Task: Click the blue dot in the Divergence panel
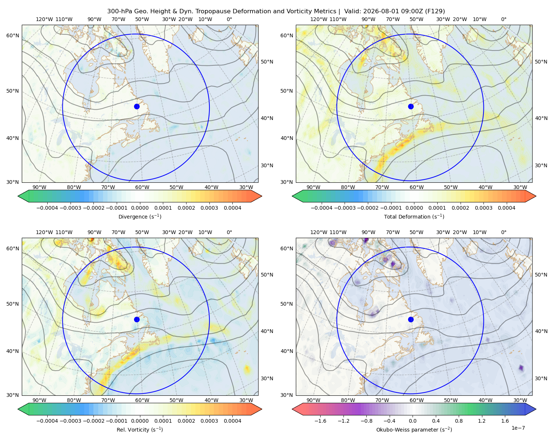coord(137,107)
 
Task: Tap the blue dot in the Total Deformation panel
coord(411,107)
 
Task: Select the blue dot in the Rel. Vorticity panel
coord(137,319)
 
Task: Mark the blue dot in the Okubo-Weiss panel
coord(411,319)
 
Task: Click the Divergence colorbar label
coord(140,217)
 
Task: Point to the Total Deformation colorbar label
coord(414,217)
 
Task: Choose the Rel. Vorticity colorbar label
coord(140,430)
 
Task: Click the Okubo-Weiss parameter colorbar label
coord(414,430)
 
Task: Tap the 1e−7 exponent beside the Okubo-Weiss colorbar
coord(518,428)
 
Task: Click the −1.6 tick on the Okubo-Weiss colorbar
coord(320,421)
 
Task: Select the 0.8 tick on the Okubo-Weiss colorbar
coord(459,421)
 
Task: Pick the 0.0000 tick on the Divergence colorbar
coord(140,208)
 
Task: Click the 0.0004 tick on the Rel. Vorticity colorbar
coord(232,421)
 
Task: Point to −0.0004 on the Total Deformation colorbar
coord(322,208)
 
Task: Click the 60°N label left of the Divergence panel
coord(13,35)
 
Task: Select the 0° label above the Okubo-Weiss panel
coord(503,232)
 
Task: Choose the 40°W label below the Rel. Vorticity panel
coord(211,400)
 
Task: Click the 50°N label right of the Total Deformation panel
coord(541,62)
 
